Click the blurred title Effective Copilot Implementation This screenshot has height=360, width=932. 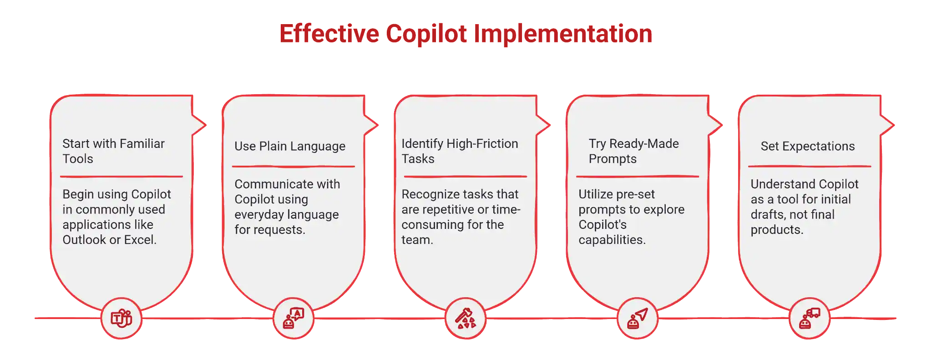click(x=466, y=33)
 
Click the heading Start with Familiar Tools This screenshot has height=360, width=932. click(x=113, y=151)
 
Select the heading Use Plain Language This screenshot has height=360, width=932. click(x=290, y=146)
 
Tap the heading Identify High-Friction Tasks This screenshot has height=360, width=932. click(x=460, y=151)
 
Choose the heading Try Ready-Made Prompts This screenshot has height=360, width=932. click(x=633, y=151)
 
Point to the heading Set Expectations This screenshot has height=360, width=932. click(x=808, y=146)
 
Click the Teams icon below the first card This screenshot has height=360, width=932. click(x=122, y=318)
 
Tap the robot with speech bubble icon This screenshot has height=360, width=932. click(x=294, y=318)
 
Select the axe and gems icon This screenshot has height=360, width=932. click(x=466, y=318)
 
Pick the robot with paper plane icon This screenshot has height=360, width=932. click(x=638, y=318)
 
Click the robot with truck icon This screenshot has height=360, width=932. click(x=810, y=318)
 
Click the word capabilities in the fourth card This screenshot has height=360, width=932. click(x=612, y=240)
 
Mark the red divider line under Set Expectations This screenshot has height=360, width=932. click(x=810, y=167)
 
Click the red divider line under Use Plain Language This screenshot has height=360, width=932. click(x=294, y=167)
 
